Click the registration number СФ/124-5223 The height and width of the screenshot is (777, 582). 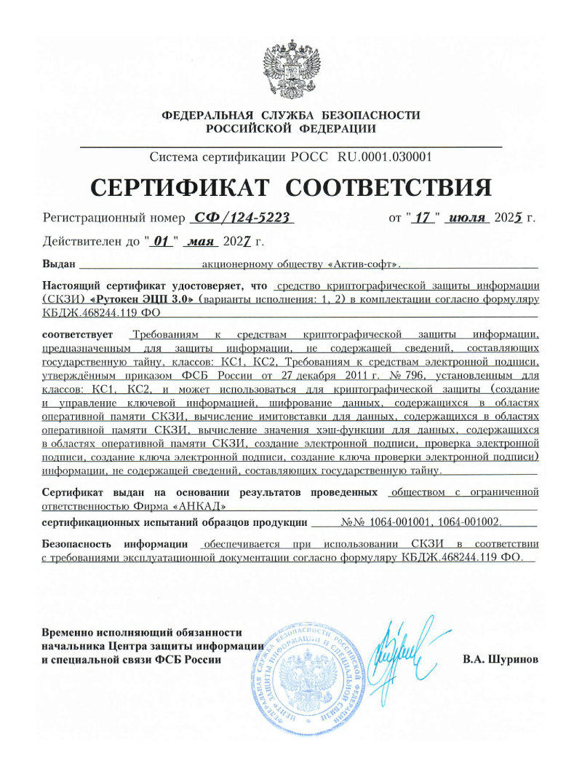click(x=242, y=218)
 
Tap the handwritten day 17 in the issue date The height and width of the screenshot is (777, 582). click(x=423, y=218)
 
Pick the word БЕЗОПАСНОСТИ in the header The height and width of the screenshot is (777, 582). click(x=370, y=115)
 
